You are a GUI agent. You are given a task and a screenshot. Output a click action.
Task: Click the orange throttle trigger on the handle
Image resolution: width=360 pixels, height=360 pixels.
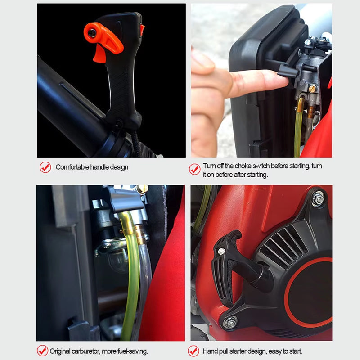pos(99,54)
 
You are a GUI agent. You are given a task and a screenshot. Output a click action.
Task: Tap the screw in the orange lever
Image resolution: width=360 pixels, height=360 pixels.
pos(92,32)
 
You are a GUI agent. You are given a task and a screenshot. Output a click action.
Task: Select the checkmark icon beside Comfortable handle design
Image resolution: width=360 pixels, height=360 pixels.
pos(45,167)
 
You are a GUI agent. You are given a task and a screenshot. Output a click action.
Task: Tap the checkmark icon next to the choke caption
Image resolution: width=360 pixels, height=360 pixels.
pos(194,169)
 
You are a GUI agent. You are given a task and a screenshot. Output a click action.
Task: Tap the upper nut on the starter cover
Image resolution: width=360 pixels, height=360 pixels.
pos(318,198)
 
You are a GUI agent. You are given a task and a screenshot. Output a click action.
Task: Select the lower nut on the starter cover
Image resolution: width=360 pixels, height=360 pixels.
pos(230,322)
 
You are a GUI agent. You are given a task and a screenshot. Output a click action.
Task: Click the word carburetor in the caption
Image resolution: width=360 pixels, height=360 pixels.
pos(90,351)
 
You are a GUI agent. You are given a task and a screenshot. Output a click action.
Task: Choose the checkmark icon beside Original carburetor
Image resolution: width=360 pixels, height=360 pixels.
pos(42,351)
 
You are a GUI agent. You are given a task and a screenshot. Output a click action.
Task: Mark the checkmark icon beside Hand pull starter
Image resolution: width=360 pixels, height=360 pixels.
pos(193,351)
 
